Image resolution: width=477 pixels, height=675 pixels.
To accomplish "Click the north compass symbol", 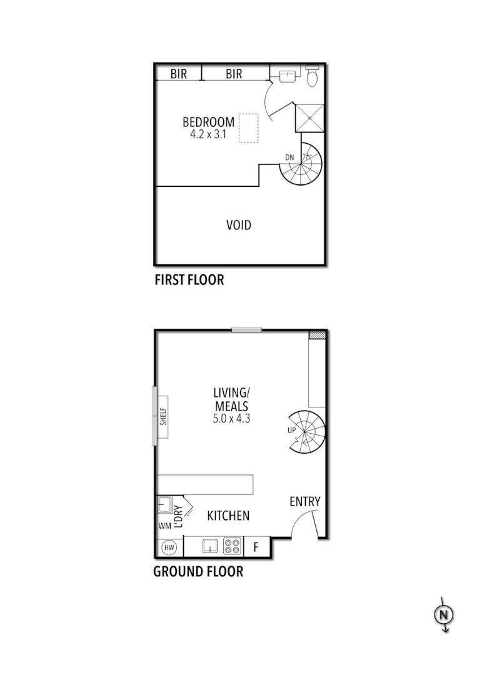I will click(444, 615).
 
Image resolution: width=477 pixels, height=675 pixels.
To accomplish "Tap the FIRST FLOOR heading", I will click(189, 280).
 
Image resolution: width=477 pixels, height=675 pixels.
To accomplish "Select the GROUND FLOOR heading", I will click(198, 571).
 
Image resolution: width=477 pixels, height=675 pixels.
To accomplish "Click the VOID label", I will click(239, 225).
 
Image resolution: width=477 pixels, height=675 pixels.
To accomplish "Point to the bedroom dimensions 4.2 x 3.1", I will click(208, 134).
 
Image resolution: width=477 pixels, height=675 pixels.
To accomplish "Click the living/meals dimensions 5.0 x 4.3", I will click(231, 419).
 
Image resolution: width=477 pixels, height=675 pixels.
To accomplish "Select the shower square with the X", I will click(310, 117).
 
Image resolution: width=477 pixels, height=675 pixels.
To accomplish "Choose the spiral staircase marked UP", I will click(306, 432).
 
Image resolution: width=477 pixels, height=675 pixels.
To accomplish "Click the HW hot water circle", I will click(169, 547).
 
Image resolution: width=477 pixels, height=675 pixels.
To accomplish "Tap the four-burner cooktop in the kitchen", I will click(233, 547).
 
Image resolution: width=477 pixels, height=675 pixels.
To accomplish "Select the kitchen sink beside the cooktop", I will click(210, 547).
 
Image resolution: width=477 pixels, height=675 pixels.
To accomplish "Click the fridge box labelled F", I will click(256, 547).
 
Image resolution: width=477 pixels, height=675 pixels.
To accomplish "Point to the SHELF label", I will click(164, 417).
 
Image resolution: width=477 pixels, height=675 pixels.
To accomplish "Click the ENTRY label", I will click(304, 501).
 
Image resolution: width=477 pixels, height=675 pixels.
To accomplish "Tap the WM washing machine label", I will click(164, 526).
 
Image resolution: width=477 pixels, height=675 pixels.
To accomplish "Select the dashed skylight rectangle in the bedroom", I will click(249, 128).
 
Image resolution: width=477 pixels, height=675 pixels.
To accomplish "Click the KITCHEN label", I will click(228, 516).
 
